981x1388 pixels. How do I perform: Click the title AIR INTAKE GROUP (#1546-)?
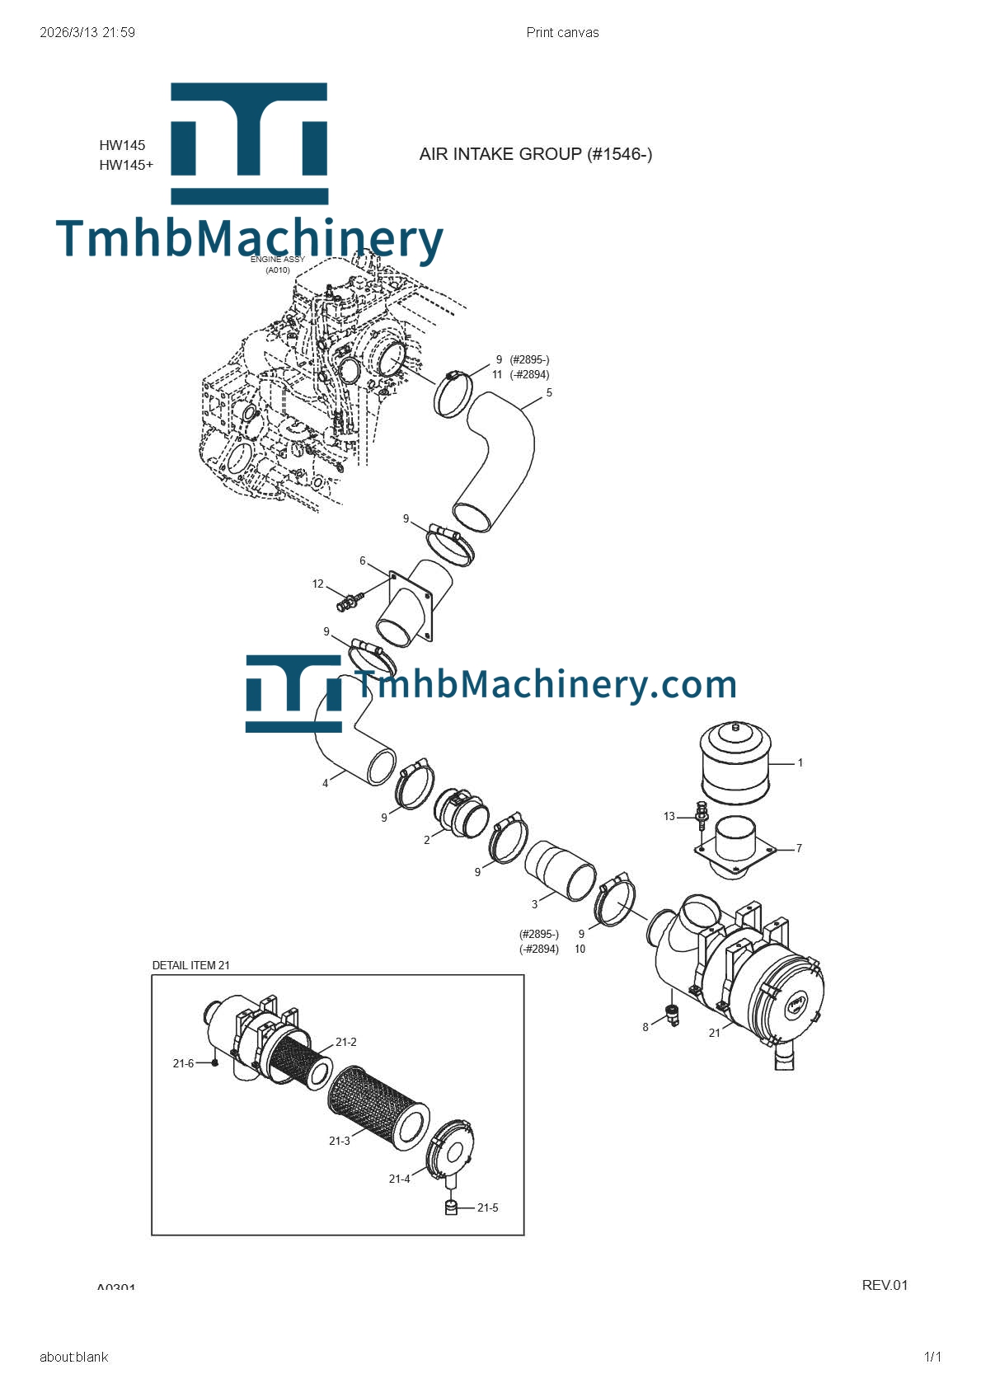535,154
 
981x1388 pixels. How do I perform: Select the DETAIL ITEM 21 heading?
190,965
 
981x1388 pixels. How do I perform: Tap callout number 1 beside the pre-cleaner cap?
800,763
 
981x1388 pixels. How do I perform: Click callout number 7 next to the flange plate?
798,848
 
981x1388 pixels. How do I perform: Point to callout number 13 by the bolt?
669,817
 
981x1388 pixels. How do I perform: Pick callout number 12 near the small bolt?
317,584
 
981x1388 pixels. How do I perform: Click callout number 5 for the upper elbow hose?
549,393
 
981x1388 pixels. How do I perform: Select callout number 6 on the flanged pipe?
362,561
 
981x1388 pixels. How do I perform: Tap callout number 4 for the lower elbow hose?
325,784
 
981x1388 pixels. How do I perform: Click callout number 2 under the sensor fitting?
426,841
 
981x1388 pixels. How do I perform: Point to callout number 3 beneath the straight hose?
534,904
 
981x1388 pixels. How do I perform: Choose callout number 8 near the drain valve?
645,1027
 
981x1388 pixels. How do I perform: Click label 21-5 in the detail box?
487,1207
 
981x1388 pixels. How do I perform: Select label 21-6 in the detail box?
183,1063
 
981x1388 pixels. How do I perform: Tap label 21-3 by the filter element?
339,1141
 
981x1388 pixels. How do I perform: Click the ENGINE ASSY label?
278,260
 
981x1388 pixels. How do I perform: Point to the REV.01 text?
884,1285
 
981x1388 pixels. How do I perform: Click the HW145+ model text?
126,165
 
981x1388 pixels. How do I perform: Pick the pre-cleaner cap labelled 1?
735,763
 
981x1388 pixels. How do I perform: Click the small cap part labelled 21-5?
451,1207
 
